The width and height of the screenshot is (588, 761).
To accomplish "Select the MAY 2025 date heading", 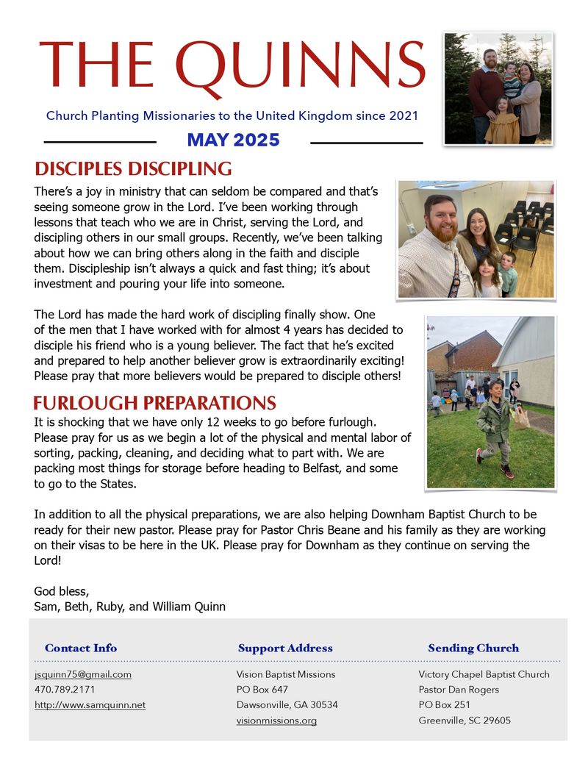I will pos(233,140).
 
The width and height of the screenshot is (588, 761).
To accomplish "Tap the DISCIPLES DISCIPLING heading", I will pos(133,168).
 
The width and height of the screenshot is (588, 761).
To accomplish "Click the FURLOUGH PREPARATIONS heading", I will pos(154,403).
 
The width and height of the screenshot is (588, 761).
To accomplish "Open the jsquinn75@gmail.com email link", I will pos(82,674).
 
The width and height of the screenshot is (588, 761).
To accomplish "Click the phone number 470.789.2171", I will pos(65,690).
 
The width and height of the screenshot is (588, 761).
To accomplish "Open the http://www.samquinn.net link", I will pos(90,705).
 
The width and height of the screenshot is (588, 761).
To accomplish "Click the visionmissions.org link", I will pos(276,721).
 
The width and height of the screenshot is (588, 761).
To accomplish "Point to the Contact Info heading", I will pos(81,648).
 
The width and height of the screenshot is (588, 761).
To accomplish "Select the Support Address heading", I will pos(285,648).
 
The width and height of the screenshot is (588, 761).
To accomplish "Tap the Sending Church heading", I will pos(473,648).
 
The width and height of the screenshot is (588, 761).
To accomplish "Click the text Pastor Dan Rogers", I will pos(459,690).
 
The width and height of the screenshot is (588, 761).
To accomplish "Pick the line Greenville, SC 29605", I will pos(465,721).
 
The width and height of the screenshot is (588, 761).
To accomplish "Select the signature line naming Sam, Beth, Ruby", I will pos(129,607).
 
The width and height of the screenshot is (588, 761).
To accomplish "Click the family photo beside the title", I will pos(498,88).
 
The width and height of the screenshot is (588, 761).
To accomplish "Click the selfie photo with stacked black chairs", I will pos(476,239).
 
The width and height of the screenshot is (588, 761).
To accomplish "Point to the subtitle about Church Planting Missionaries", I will pos(232,115).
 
